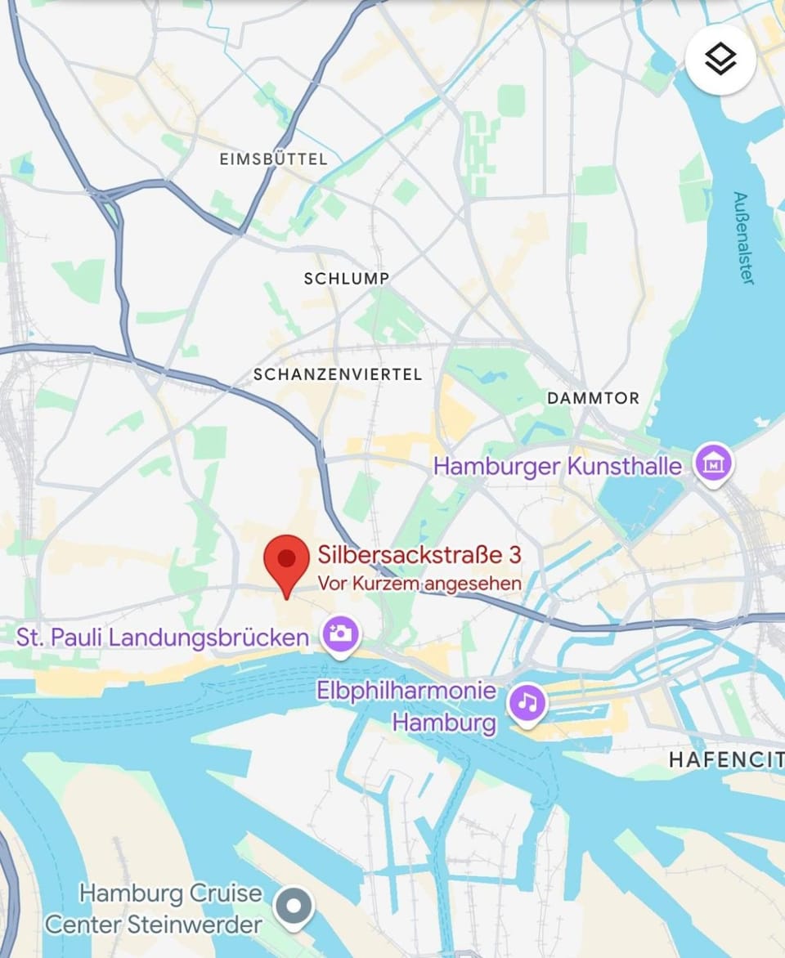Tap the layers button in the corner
click(720, 60)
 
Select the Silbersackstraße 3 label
click(419, 556)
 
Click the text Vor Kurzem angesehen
click(419, 584)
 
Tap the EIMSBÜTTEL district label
click(273, 159)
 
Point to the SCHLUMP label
click(346, 279)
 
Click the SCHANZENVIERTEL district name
click(338, 374)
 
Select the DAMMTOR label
click(593, 398)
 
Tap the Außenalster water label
click(742, 238)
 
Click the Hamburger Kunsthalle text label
click(558, 467)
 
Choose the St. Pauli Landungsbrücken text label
click(163, 638)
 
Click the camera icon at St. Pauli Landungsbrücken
click(340, 634)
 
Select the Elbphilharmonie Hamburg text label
click(406, 706)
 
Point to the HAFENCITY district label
click(726, 760)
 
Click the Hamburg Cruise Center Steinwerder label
click(155, 908)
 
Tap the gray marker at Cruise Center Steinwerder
click(294, 907)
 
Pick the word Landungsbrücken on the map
click(209, 638)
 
